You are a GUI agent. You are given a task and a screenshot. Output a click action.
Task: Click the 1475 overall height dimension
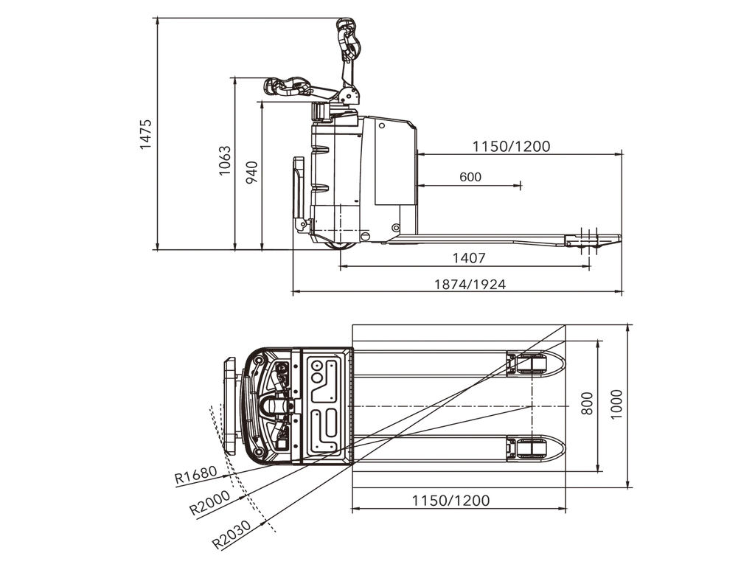[145, 134]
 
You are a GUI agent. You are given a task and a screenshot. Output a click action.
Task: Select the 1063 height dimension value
[224, 160]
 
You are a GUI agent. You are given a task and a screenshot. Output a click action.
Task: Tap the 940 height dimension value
[251, 173]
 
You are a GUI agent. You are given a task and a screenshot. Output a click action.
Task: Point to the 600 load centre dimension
[470, 177]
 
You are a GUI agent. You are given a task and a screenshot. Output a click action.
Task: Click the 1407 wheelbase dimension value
[469, 258]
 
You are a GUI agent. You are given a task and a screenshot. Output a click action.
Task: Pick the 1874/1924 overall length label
[470, 285]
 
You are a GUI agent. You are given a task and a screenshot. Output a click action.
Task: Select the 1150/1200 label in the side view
[511, 146]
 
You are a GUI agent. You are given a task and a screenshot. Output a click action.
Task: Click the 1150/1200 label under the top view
[450, 501]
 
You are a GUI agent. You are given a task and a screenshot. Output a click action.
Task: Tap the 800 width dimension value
[587, 404]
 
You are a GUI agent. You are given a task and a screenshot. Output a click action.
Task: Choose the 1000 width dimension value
[616, 404]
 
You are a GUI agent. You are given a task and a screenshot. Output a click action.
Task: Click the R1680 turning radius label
[196, 475]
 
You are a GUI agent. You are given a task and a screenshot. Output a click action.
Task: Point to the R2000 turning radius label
[210, 503]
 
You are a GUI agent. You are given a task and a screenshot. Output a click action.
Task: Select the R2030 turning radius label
[232, 535]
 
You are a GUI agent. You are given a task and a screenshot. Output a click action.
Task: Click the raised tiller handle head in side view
[349, 38]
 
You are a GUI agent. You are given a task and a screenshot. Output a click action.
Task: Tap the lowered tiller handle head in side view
[287, 87]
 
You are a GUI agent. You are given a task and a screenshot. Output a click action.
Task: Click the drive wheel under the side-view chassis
[343, 246]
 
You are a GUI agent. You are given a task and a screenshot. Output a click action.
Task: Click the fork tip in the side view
[620, 238]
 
